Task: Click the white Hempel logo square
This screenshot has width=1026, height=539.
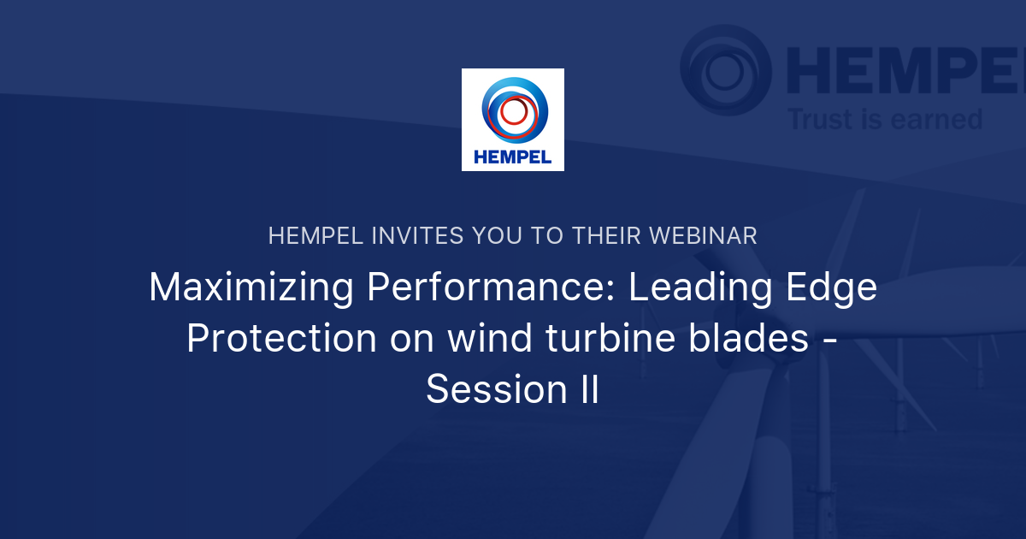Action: tap(513, 120)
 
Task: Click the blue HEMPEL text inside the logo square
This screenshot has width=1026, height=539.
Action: tap(513, 157)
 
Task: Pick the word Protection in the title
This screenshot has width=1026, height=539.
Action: tap(281, 339)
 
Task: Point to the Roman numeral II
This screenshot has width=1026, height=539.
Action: tap(584, 389)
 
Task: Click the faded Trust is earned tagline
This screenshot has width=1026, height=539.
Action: tap(885, 119)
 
